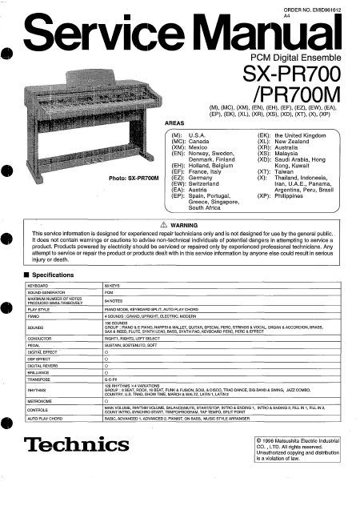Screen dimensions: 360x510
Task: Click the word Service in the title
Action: (99, 34)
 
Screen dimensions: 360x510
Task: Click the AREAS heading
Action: (174, 123)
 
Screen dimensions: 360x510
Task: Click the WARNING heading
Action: (185, 226)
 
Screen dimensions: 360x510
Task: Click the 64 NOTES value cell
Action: (114, 300)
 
